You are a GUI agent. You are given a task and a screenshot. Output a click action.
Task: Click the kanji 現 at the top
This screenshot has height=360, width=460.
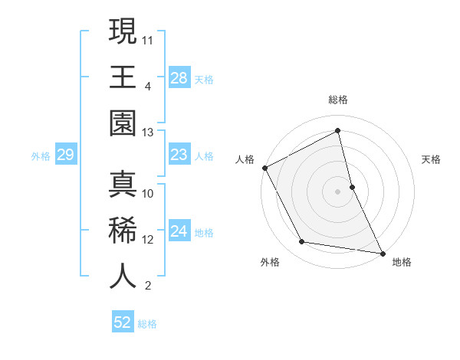[123, 32]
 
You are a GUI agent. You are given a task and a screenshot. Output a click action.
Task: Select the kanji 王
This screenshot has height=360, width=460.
[123, 78]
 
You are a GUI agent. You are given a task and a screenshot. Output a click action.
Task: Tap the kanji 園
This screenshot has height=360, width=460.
[123, 124]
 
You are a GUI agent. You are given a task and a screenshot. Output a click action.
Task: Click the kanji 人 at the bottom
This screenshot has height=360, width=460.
[123, 276]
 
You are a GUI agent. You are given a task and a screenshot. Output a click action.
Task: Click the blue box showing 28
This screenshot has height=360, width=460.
[179, 78]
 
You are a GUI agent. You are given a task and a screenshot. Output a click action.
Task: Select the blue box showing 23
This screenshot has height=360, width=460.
[179, 155]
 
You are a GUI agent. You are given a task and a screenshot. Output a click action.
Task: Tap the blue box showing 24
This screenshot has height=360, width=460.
[179, 231]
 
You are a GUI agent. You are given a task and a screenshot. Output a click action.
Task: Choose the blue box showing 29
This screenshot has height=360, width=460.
[65, 155]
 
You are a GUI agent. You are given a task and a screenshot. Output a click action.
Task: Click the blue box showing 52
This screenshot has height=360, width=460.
[123, 322]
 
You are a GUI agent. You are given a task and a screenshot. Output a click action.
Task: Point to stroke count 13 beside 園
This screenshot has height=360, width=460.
[148, 133]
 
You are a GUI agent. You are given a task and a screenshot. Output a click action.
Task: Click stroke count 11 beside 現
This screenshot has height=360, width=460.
[148, 38]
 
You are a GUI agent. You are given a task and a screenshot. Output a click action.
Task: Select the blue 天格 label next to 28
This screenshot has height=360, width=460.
[204, 79]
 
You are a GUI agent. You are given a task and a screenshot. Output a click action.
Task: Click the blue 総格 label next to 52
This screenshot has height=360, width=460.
[147, 323]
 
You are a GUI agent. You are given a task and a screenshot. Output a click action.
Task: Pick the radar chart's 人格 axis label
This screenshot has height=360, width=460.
[245, 160]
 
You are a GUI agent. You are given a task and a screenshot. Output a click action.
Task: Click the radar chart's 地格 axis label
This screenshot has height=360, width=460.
[402, 262]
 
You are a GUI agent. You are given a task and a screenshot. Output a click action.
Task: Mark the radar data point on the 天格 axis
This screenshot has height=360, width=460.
[352, 186]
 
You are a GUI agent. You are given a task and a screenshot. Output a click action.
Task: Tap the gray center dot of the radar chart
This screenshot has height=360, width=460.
[337, 191]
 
